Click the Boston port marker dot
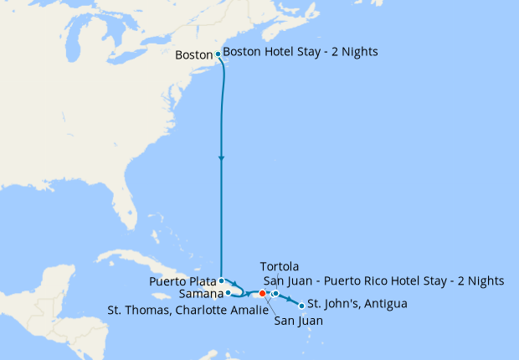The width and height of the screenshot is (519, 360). [x=218, y=54]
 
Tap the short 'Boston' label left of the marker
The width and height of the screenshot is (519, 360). [x=195, y=56]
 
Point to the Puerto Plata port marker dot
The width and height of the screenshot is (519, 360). [x=220, y=281]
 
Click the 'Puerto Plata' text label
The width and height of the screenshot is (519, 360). [x=182, y=281]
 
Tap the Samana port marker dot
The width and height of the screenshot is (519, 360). [x=228, y=294]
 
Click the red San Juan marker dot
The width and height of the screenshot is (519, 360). [x=262, y=294]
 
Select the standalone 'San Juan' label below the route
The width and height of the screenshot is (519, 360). [x=299, y=320]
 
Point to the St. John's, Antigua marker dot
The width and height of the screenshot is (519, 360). [x=301, y=306]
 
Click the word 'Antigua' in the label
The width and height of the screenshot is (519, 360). [x=384, y=303]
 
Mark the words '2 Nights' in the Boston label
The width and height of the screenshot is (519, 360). [x=355, y=52]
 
